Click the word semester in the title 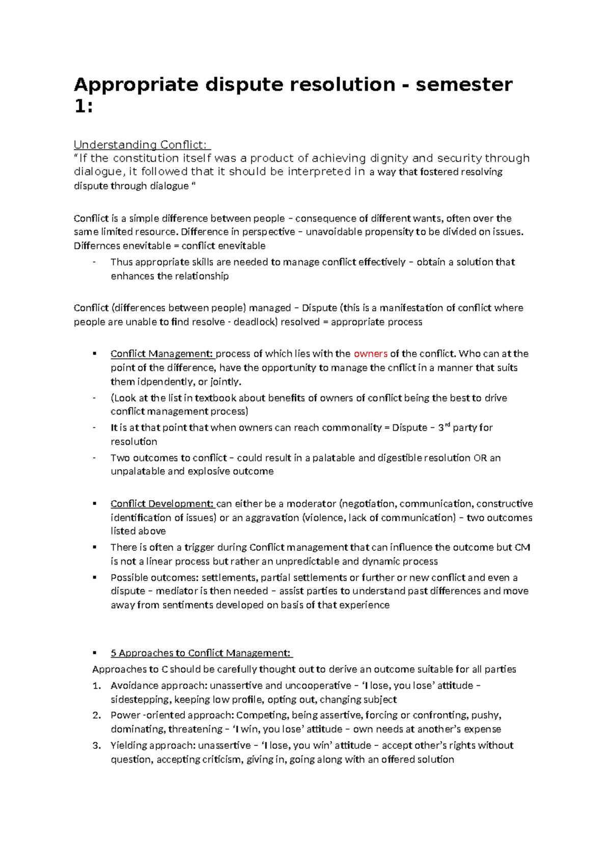pos(464,85)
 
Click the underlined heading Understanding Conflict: pos(142,145)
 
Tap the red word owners pos(370,354)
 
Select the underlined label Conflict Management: pos(161,354)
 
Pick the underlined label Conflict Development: pos(162,504)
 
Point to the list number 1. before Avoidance pos(97,686)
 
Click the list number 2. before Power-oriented pos(97,715)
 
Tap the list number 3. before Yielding pos(97,745)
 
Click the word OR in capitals pos(480,458)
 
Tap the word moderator pos(311,504)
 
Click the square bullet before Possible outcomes pos(94,577)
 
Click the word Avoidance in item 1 pos(134,686)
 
